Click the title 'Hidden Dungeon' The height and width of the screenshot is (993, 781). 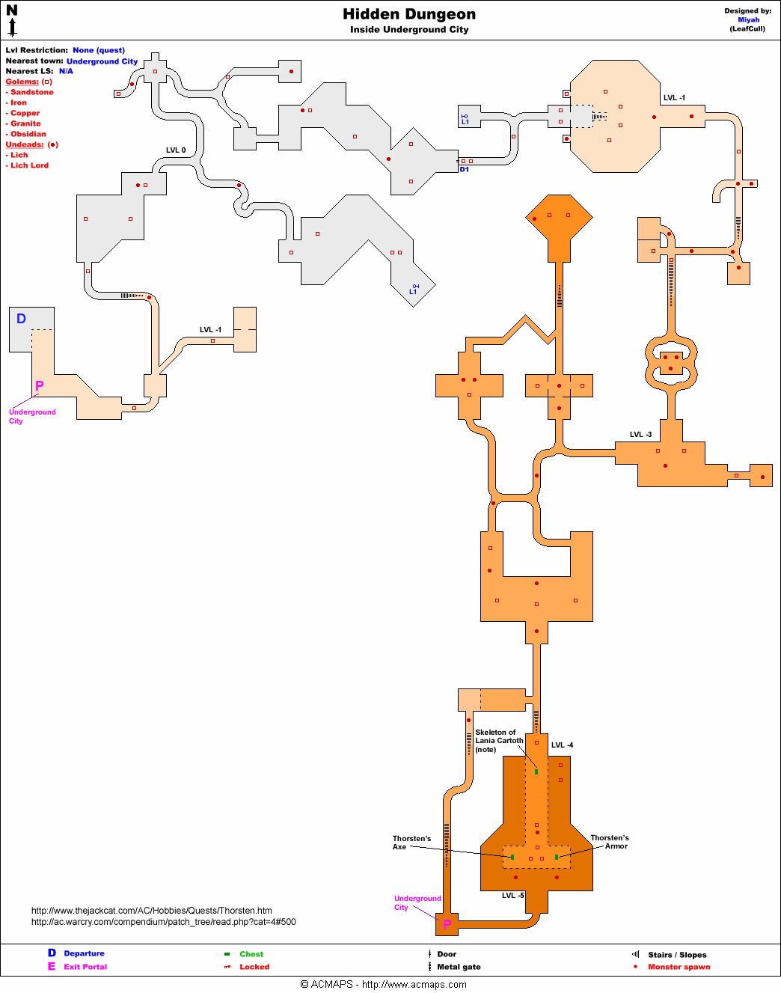click(x=408, y=14)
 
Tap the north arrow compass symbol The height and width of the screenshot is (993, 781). click(x=12, y=20)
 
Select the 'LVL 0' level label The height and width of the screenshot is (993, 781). click(x=176, y=150)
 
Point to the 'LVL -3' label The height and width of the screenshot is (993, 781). click(x=640, y=434)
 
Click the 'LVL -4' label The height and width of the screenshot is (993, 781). click(x=562, y=745)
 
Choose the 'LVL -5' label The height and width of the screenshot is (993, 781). click(x=512, y=895)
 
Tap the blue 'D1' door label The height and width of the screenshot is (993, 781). click(x=465, y=170)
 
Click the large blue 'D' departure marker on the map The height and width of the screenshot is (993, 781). click(x=21, y=319)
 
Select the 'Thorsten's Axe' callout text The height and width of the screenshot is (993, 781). click(x=411, y=843)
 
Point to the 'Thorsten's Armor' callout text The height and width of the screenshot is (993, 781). click(x=610, y=842)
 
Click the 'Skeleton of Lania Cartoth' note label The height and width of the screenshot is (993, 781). click(x=498, y=741)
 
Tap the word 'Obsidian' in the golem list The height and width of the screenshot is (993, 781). click(x=28, y=134)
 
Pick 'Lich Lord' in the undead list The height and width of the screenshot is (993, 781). click(x=29, y=165)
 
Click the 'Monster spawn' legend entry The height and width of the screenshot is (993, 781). click(x=679, y=967)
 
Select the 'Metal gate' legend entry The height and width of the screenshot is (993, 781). click(x=459, y=967)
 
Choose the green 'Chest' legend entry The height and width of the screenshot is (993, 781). click(x=251, y=954)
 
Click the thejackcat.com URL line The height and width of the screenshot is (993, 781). click(x=151, y=911)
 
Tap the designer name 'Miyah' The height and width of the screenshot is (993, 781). click(x=748, y=20)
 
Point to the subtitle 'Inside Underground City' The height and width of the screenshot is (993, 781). click(x=409, y=30)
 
